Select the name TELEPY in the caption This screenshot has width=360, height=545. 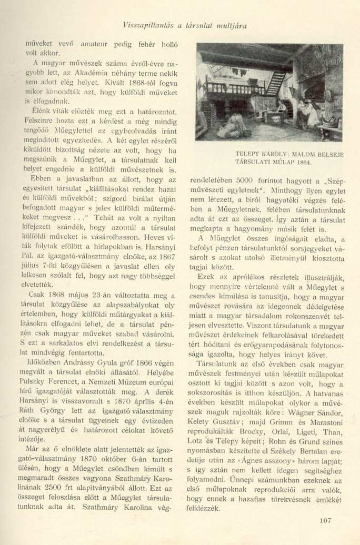[249, 154]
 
